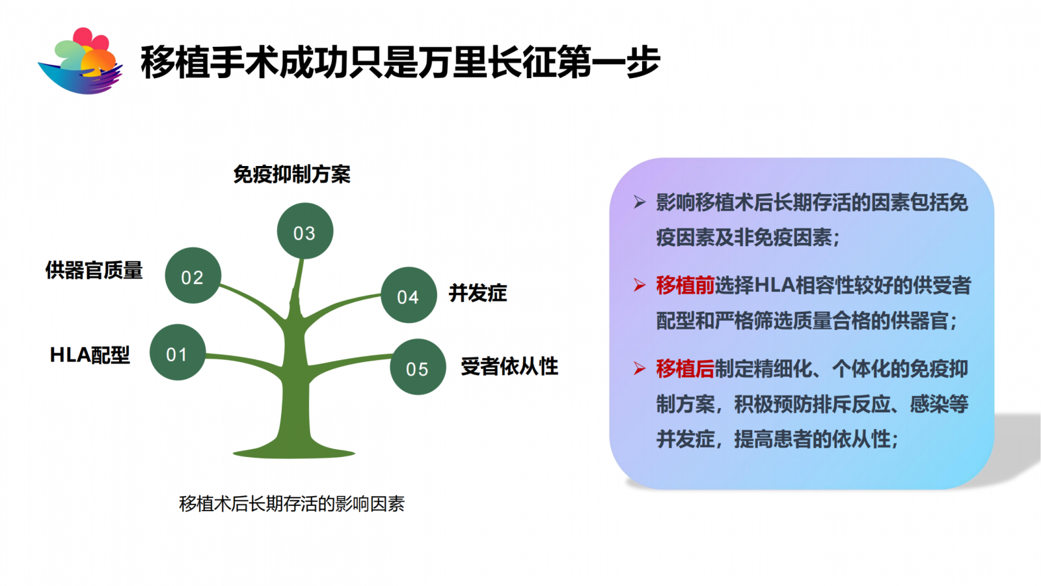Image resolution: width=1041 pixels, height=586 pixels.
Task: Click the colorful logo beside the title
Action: (80, 61)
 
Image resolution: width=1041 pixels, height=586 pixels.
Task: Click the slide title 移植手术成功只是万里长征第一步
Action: (400, 63)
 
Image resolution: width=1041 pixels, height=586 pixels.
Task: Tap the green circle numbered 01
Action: (178, 352)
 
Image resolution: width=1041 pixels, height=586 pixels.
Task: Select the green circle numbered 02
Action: (193, 275)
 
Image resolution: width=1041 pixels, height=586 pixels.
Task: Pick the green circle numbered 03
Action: (305, 230)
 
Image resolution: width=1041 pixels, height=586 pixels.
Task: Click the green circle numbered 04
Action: (409, 295)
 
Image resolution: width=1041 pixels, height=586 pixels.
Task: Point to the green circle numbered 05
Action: (418, 367)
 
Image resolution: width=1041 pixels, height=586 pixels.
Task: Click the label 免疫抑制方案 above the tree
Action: (292, 174)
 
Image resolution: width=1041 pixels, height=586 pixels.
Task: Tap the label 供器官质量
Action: (94, 270)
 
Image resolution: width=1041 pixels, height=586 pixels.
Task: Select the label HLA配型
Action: (90, 355)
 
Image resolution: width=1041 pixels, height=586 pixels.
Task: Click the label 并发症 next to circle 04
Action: (478, 293)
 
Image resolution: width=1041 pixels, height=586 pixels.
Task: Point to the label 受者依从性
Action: (509, 366)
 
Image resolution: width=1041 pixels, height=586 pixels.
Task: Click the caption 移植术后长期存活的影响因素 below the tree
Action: (292, 504)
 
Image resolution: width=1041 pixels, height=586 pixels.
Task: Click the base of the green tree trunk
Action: (293, 452)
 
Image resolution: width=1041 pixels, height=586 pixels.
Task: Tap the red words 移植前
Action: (685, 285)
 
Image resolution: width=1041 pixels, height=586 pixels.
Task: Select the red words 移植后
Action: (685, 369)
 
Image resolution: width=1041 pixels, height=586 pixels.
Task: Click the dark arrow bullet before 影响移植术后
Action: (640, 202)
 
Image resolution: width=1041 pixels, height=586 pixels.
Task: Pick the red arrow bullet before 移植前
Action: (640, 285)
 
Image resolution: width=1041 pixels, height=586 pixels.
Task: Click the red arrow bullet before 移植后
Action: (640, 369)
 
